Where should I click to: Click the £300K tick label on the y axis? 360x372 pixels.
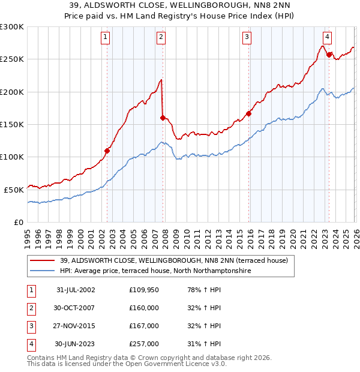click(12, 27)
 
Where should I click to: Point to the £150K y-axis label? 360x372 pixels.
click(12, 124)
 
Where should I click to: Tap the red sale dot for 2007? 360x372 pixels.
click(163, 118)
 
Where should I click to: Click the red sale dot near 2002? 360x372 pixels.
click(107, 151)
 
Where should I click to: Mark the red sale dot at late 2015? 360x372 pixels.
click(248, 113)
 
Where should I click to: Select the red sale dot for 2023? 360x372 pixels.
click(329, 55)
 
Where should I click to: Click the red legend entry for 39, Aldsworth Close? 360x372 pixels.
click(174, 260)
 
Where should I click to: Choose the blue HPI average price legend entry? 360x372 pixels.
click(155, 271)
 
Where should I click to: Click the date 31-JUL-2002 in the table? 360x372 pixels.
click(76, 290)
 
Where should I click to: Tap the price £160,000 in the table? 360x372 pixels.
click(144, 308)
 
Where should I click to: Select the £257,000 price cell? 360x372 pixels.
click(144, 344)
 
